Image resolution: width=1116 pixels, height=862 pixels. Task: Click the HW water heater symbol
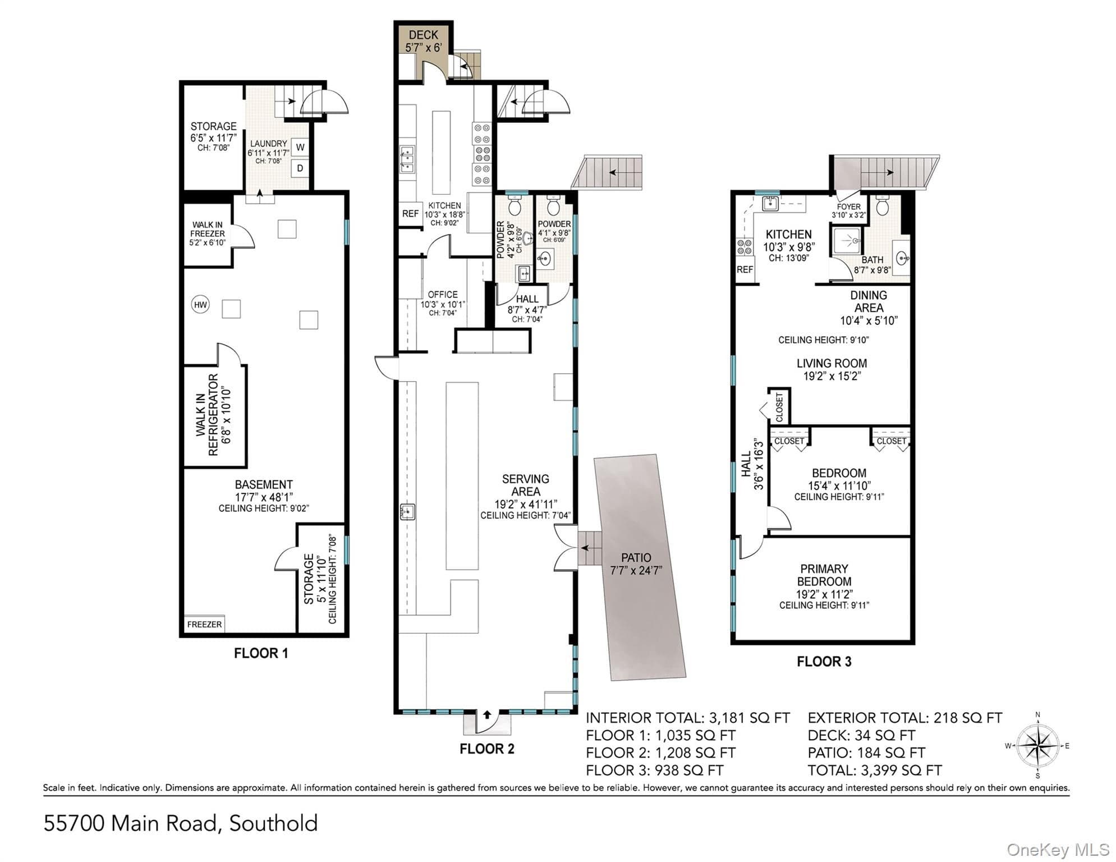click(200, 305)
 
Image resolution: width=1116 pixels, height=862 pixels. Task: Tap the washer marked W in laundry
click(300, 148)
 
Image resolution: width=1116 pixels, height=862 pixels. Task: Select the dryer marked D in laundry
click(300, 168)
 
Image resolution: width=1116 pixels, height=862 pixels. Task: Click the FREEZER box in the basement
click(204, 624)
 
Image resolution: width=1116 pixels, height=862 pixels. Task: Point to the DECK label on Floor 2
click(424, 35)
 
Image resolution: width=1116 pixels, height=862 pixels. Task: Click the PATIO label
click(636, 558)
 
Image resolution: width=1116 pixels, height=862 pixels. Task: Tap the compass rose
click(1038, 746)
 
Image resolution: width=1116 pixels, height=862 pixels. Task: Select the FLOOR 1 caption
click(261, 653)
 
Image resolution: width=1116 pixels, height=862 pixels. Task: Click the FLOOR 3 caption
click(824, 662)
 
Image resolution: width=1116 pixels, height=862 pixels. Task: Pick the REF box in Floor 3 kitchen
click(745, 270)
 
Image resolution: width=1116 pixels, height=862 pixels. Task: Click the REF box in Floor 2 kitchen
click(410, 214)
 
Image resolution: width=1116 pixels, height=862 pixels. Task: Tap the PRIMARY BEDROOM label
click(824, 575)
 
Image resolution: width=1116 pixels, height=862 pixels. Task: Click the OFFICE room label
click(443, 295)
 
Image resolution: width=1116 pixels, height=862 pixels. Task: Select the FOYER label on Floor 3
click(849, 207)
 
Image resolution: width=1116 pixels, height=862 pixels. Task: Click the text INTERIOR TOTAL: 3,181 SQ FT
click(688, 718)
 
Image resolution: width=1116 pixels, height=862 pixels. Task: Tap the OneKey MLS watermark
click(1058, 850)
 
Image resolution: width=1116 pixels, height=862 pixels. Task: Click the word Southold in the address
click(273, 823)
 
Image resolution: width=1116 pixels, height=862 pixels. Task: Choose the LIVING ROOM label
click(832, 363)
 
